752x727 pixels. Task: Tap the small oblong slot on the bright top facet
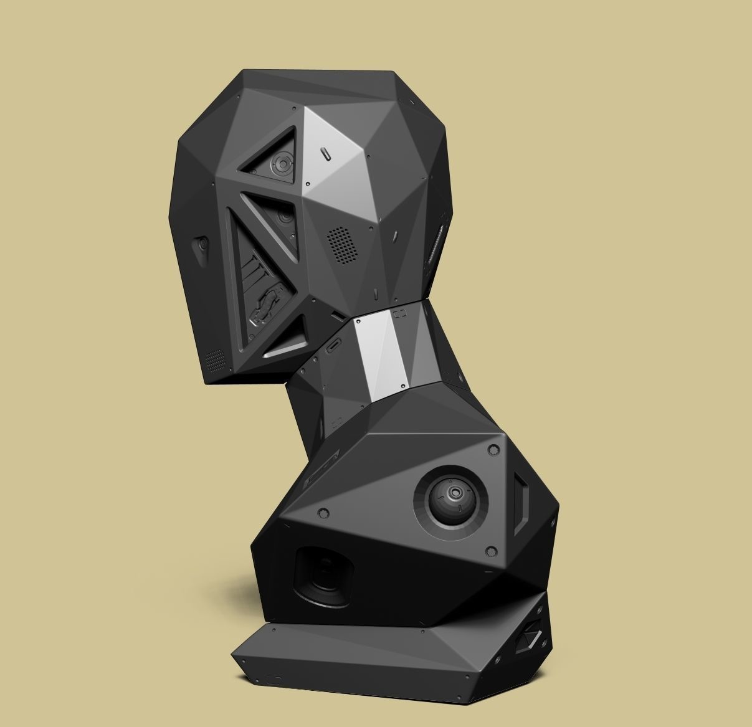(x=326, y=154)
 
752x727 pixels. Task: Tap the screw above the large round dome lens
(x=493, y=449)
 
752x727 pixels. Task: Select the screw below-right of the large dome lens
(x=491, y=551)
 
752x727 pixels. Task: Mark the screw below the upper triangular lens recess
(x=306, y=184)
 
